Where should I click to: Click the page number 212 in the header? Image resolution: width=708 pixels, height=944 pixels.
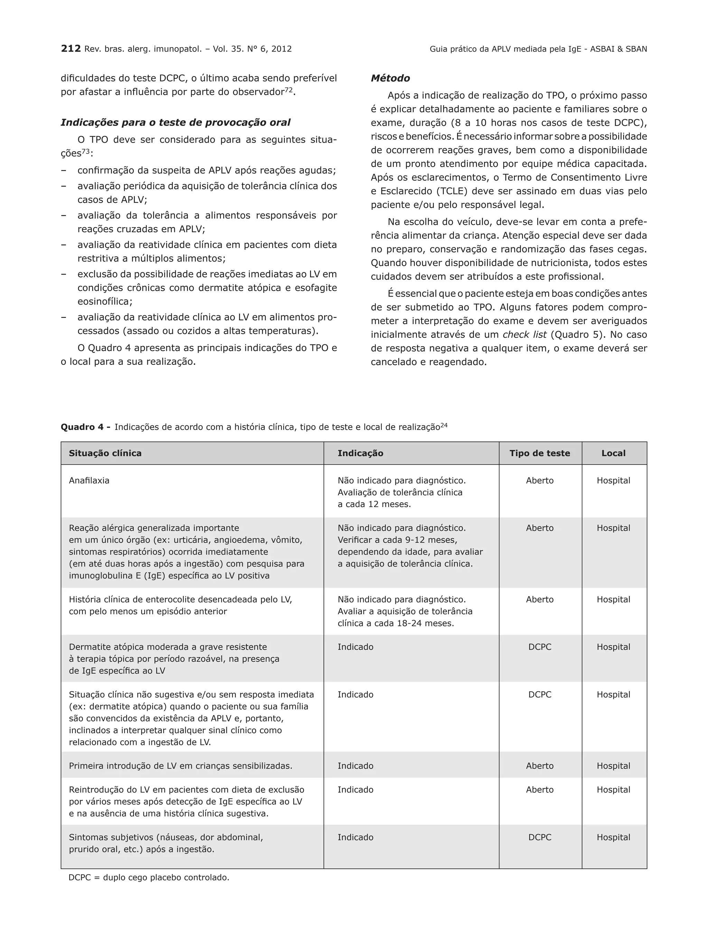[71, 49]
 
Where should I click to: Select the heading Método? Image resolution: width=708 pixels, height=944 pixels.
[390, 78]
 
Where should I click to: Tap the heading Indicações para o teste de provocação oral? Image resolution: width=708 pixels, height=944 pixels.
[175, 122]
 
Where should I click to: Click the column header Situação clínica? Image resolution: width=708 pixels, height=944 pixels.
[105, 453]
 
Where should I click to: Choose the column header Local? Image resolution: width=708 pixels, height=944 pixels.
[613, 453]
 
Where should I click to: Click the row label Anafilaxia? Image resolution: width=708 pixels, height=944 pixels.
[89, 480]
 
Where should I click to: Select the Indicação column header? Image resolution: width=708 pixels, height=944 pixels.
[360, 453]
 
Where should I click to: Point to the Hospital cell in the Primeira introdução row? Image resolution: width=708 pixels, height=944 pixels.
[613, 766]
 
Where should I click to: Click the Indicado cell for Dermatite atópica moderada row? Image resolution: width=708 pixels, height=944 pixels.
[355, 647]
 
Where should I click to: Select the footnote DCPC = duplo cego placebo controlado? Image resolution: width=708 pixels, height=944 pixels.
[149, 878]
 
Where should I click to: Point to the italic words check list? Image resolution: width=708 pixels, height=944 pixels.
[524, 335]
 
